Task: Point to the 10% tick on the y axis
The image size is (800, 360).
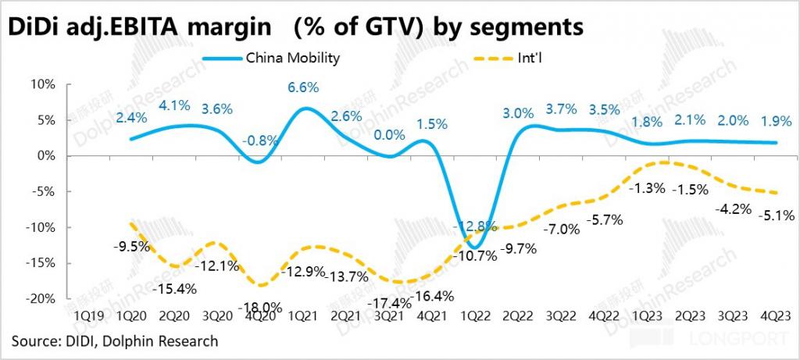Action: (45, 84)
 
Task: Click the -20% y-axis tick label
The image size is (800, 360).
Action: (42, 299)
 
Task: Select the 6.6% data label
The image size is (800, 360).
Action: (303, 87)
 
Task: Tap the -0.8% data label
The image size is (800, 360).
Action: (259, 141)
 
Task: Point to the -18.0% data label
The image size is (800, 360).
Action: (262, 306)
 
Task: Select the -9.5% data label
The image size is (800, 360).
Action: (132, 248)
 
